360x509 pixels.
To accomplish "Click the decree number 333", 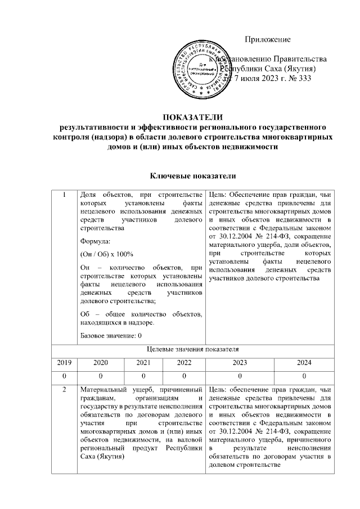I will (x=303, y=78).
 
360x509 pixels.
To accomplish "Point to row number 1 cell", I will (x=65, y=195).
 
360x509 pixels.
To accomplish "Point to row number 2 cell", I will (x=65, y=389).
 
